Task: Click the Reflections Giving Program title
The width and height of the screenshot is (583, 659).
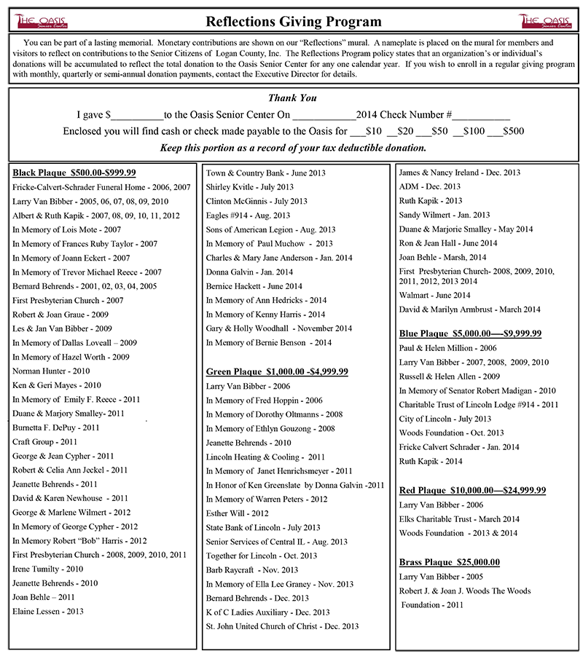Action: (x=293, y=21)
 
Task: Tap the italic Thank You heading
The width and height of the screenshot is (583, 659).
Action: (x=292, y=98)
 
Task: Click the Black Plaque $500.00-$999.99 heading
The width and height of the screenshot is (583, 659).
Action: (x=74, y=173)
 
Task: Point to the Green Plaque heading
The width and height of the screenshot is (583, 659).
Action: (x=277, y=371)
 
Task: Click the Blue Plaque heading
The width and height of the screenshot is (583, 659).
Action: (x=470, y=334)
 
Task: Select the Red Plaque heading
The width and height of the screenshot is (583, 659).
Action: (x=472, y=490)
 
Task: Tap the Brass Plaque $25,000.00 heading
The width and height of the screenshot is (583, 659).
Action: (x=449, y=562)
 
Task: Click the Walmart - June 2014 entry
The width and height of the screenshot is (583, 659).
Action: (x=435, y=295)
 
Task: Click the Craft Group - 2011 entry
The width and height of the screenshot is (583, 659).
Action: (x=44, y=442)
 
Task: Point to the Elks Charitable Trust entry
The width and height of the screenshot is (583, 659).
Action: (x=459, y=519)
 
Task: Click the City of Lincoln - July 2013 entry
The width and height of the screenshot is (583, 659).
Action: (x=445, y=419)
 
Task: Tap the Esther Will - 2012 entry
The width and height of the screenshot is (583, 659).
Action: (x=238, y=513)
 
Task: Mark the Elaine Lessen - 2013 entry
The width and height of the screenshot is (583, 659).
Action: (x=48, y=611)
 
